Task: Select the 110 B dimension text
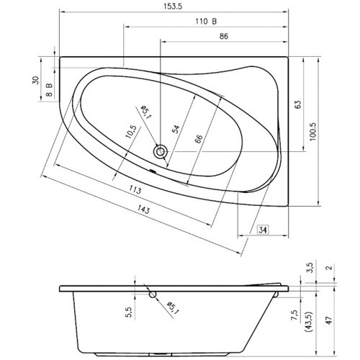[x=206, y=21]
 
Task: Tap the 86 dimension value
[x=225, y=35]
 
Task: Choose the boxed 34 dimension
[x=263, y=230]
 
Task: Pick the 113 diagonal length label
[x=132, y=189]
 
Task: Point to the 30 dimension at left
[x=35, y=81]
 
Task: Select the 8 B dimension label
[x=50, y=89]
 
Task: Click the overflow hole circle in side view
[x=151, y=294]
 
